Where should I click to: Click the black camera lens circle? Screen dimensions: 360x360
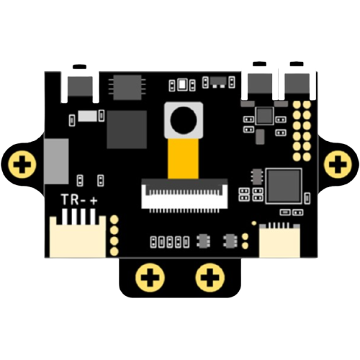(x=184, y=121)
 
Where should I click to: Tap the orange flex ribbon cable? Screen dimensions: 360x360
(x=184, y=158)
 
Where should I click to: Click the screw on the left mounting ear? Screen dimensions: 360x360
(x=22, y=165)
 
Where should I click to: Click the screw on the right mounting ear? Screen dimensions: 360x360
(x=338, y=165)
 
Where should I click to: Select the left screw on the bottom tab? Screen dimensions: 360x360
(x=150, y=278)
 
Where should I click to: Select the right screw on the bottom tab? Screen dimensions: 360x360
(x=210, y=278)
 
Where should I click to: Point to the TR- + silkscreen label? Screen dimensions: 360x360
(x=79, y=199)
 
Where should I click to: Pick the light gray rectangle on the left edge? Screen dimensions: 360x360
(x=56, y=161)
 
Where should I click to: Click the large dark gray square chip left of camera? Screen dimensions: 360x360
(x=127, y=130)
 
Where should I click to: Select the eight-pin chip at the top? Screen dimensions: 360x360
(x=127, y=87)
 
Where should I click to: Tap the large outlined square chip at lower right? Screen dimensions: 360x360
(x=284, y=186)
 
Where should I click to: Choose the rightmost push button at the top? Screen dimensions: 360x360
(x=297, y=81)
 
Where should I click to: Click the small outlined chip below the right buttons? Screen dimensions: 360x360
(x=264, y=116)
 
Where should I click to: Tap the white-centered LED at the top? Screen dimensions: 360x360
(x=182, y=85)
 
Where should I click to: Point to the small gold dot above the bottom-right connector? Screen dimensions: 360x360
(x=254, y=223)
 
